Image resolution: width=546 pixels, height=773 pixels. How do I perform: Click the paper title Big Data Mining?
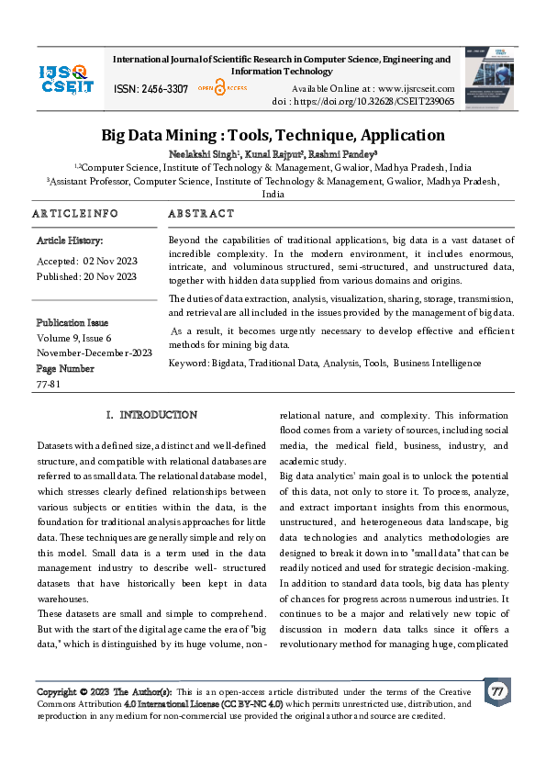pyautogui.click(x=273, y=135)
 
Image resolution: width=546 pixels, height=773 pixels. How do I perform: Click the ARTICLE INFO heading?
pyautogui.click(x=75, y=214)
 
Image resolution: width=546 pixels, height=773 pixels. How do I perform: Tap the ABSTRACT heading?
pyautogui.click(x=201, y=214)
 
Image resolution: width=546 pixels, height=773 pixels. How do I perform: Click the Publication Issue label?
pyautogui.click(x=72, y=323)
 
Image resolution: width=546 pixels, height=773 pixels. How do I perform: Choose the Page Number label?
pyautogui.click(x=65, y=368)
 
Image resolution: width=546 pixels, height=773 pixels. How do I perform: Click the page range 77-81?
pyautogui.click(x=50, y=384)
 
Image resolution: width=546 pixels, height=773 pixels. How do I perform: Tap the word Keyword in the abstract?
pyautogui.click(x=188, y=364)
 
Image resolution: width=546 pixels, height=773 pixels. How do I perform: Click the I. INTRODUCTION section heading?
pyautogui.click(x=151, y=415)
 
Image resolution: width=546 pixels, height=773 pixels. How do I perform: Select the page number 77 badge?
pyautogui.click(x=496, y=690)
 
